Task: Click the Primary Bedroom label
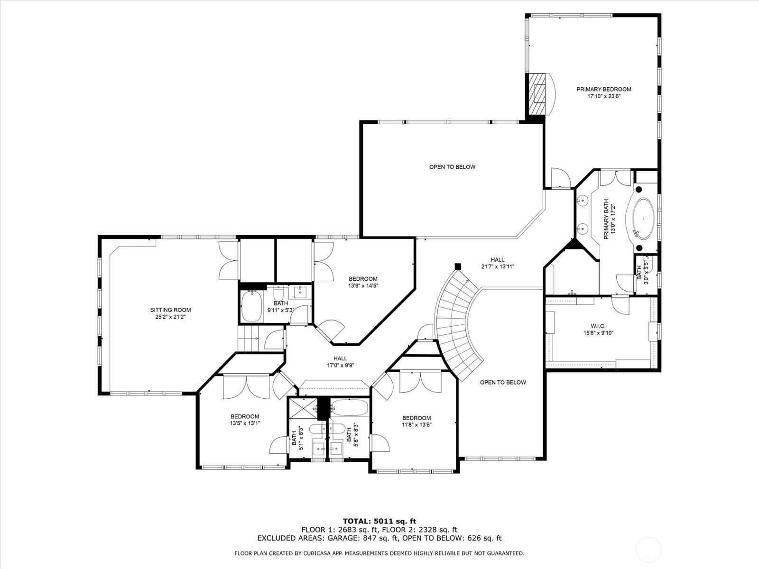[x=604, y=92]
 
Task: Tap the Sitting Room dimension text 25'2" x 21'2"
[x=170, y=316]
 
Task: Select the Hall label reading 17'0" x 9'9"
[x=340, y=362]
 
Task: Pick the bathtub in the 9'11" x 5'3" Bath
[x=251, y=306]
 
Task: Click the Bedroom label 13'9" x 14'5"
[x=363, y=282]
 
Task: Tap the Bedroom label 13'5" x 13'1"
[x=245, y=420]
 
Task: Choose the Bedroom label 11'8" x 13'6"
[x=417, y=421]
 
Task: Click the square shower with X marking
[x=303, y=409]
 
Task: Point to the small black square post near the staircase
[x=458, y=266]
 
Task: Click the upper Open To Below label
[x=452, y=167]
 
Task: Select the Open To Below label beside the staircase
[x=503, y=382]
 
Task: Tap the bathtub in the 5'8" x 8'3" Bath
[x=350, y=408]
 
